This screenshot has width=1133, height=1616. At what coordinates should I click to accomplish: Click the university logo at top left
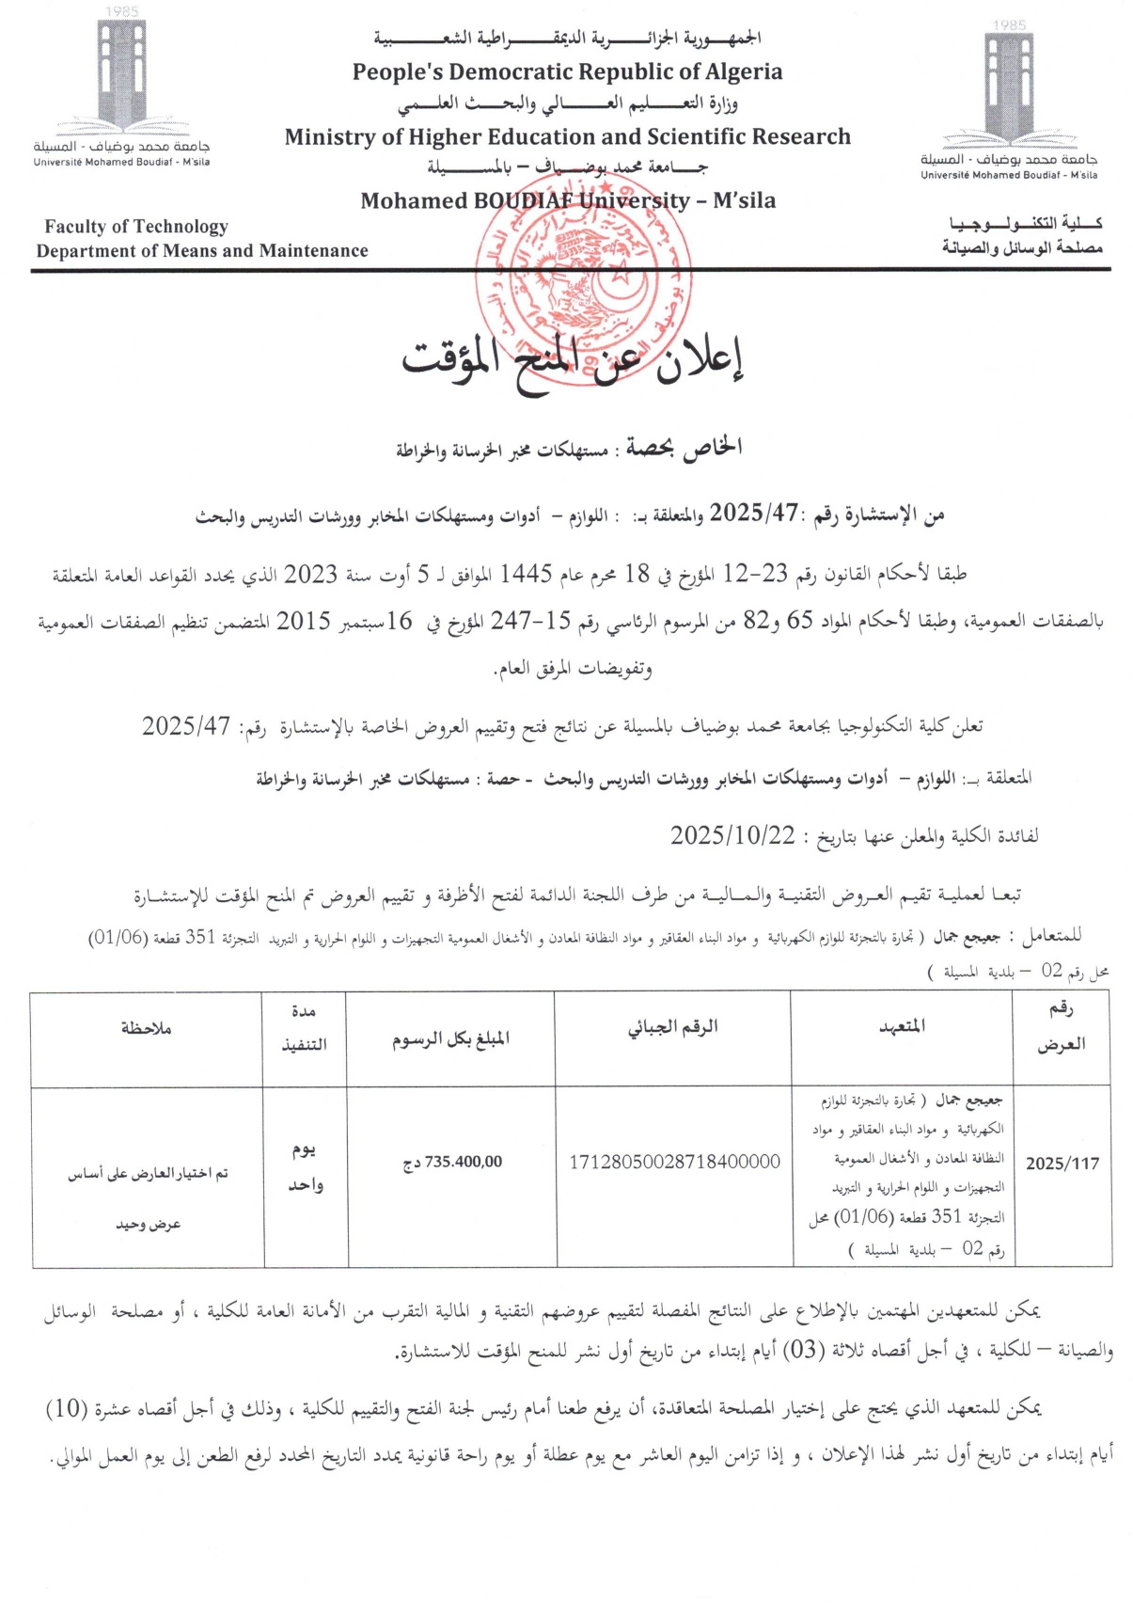[122, 85]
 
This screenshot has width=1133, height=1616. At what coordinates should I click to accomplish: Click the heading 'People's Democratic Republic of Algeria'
[567, 72]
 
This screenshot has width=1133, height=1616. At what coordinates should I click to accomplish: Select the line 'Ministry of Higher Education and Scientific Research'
[567, 137]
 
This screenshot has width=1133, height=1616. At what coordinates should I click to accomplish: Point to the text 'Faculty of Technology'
[136, 227]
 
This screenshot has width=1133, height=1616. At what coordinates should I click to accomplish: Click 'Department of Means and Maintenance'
[202, 251]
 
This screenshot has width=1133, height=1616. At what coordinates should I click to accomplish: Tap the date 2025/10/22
[732, 835]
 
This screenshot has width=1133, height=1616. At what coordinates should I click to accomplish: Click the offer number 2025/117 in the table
[1062, 1164]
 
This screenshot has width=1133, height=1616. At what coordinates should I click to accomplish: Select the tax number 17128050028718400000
[674, 1163]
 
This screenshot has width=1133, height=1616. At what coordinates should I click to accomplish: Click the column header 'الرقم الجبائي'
[672, 1027]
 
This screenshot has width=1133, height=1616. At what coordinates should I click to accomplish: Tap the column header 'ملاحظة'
[146, 1028]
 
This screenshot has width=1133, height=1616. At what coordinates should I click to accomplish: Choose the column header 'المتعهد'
[902, 1026]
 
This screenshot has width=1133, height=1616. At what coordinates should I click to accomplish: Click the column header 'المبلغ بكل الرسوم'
[450, 1038]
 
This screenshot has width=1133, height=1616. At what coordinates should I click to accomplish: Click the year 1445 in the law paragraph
[525, 574]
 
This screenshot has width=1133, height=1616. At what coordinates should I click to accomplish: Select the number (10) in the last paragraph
[67, 1408]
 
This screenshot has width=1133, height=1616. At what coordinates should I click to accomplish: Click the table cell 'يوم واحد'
[305, 1167]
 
